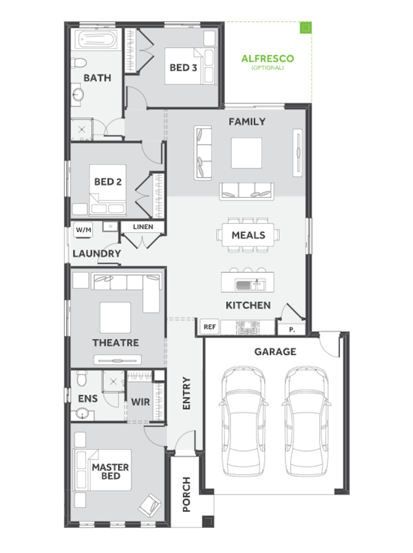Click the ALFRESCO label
tap(267, 59)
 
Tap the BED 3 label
tap(183, 67)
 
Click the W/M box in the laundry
tap(82, 230)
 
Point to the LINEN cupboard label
tap(143, 227)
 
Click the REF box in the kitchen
tap(210, 327)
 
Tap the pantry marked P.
tap(292, 330)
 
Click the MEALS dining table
tap(249, 235)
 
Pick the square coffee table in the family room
tap(246, 152)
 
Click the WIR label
tap(141, 402)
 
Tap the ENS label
tap(88, 399)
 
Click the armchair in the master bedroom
tap(150, 506)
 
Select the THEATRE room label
tap(115, 343)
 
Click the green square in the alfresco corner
tap(304, 28)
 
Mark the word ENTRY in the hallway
tap(187, 393)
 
